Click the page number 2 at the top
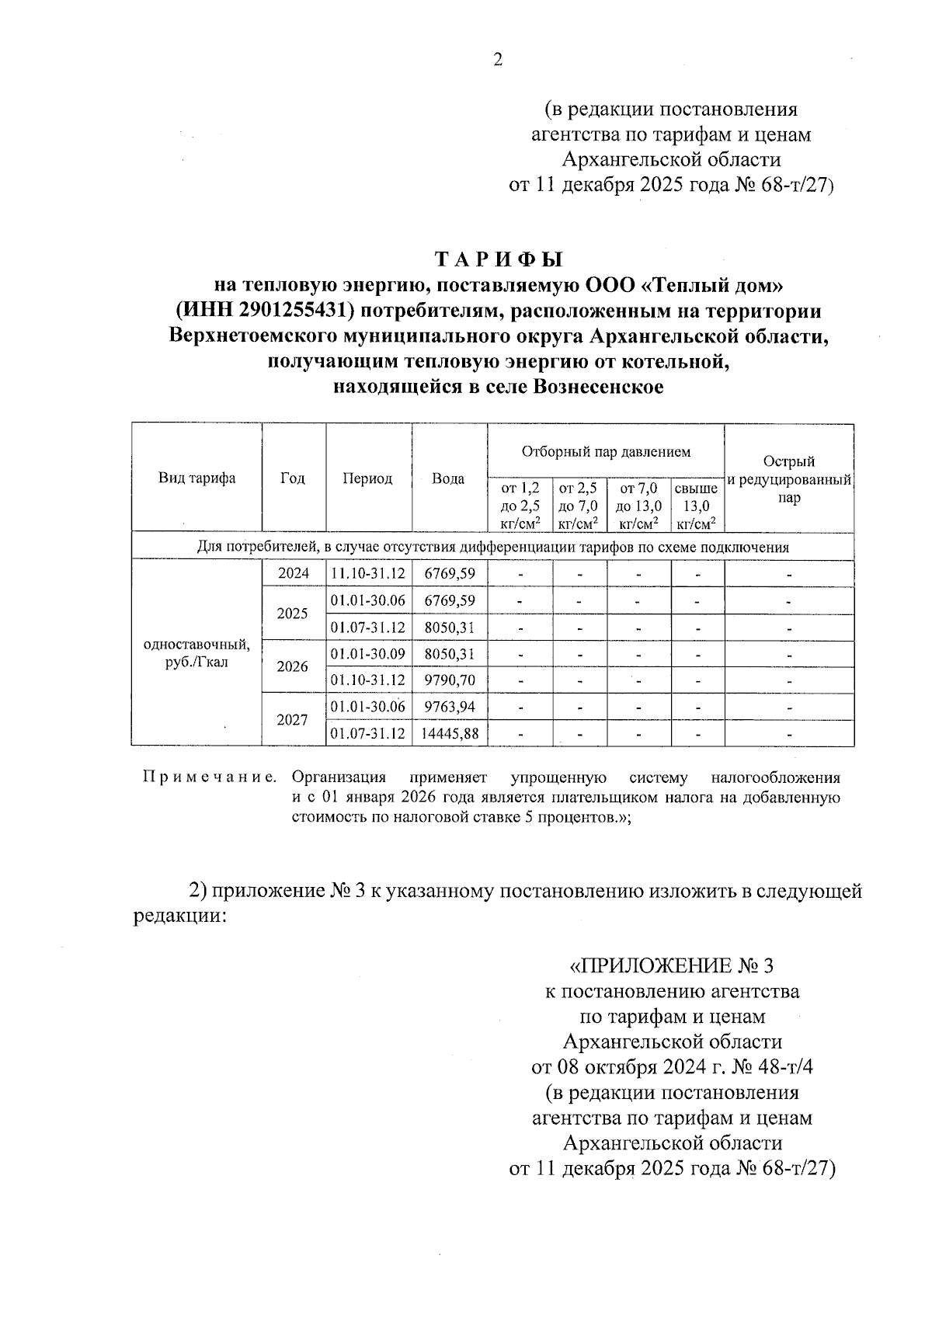[x=498, y=61]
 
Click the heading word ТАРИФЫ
[x=498, y=259]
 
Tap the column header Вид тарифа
[x=197, y=478]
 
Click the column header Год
[x=293, y=478]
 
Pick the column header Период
[x=367, y=478]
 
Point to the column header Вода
[x=448, y=478]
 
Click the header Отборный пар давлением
[x=606, y=451]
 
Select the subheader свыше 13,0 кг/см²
[x=696, y=506]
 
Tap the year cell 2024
[x=293, y=574]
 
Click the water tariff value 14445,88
[x=449, y=733]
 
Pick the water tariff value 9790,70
[x=449, y=680]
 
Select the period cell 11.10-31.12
[x=368, y=574]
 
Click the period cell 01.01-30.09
[x=368, y=654]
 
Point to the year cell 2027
[x=293, y=720]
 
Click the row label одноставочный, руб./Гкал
[x=197, y=654]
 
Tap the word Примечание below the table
[x=209, y=777]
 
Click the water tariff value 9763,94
[x=449, y=707]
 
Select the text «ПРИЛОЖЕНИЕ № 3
[x=672, y=966]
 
